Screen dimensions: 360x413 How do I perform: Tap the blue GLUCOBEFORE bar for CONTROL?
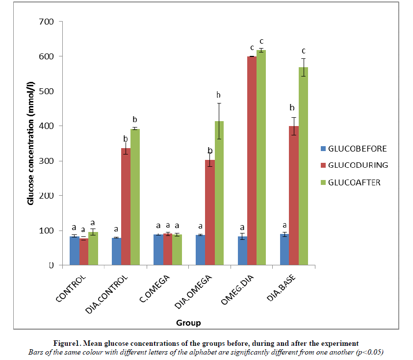74,251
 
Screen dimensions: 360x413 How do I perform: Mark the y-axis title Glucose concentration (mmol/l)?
31,143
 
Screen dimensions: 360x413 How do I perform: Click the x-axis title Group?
188,323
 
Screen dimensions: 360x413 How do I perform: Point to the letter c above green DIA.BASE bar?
304,51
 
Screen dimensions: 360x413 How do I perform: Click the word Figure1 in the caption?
68,342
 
